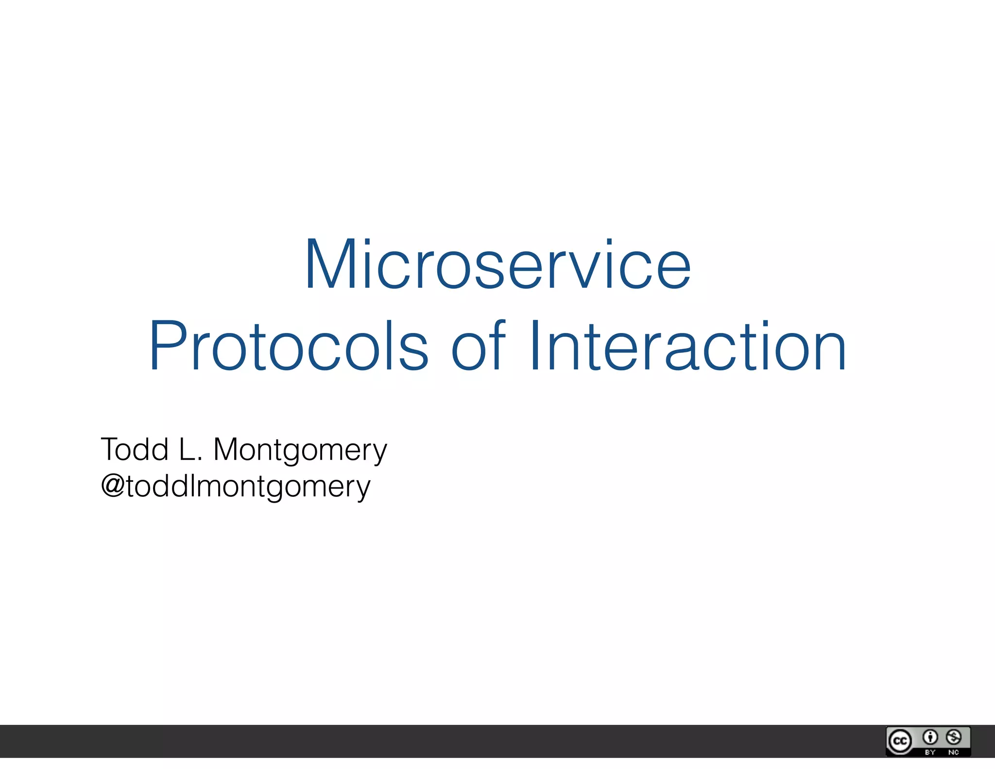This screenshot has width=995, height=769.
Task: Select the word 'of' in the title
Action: point(478,346)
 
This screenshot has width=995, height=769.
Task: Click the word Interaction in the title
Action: point(687,346)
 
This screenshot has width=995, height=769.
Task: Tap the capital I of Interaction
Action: point(535,346)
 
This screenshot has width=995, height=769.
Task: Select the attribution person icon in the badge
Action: point(930,737)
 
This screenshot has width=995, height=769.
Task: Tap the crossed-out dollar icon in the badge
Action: point(954,737)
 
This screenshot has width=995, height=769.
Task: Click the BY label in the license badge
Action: point(930,752)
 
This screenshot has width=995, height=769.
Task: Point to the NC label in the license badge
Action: point(953,752)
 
